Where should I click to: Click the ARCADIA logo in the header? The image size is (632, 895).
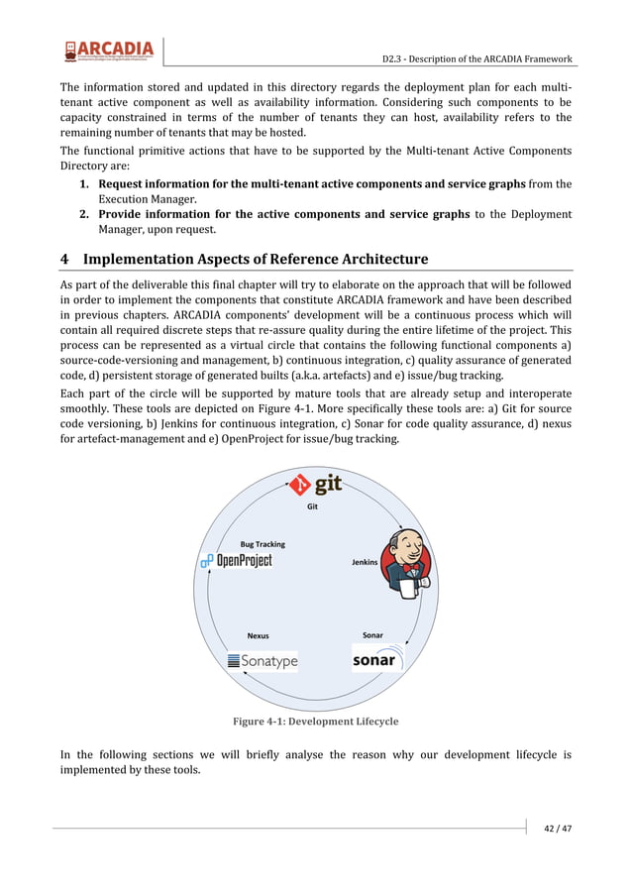[109, 51]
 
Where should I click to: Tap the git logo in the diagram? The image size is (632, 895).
[315, 485]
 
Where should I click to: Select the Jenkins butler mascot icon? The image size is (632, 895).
[406, 561]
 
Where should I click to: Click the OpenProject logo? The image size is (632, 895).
[236, 561]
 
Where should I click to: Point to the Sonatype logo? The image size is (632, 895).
[263, 661]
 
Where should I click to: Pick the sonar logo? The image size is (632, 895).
[374, 660]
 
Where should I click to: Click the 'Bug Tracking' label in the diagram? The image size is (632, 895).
[263, 544]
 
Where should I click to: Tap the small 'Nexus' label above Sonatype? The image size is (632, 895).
[258, 635]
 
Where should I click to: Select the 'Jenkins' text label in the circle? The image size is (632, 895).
[365, 562]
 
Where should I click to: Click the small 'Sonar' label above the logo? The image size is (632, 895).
[372, 634]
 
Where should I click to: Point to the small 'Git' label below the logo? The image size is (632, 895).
[312, 505]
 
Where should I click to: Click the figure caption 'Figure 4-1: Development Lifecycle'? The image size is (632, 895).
[315, 721]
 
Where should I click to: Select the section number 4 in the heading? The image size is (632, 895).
[64, 260]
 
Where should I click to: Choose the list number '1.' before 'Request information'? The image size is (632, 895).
[86, 184]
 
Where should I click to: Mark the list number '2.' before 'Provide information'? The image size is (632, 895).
[86, 214]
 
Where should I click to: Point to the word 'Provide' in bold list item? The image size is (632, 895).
[124, 214]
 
